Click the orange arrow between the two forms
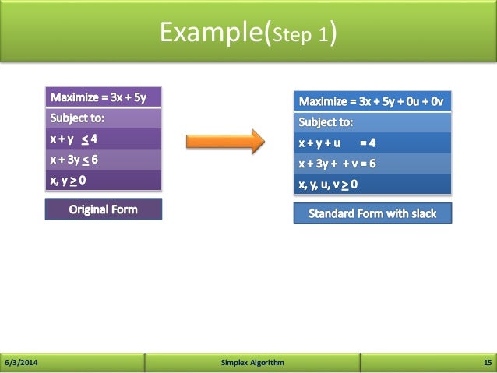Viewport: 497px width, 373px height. click(224, 142)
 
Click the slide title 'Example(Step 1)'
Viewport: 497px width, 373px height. click(248, 33)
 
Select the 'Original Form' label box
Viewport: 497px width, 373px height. click(103, 209)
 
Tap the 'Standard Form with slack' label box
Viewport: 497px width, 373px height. click(372, 213)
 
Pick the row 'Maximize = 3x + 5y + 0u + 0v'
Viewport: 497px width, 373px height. click(372, 102)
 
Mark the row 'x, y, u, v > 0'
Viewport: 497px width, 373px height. click(328, 185)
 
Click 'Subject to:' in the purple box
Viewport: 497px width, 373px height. click(77, 118)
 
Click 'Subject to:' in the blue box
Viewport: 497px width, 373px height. click(326, 122)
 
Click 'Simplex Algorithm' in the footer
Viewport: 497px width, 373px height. click(252, 363)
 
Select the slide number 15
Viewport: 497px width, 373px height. click(488, 363)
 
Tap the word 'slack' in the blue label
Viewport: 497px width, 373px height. click(421, 213)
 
